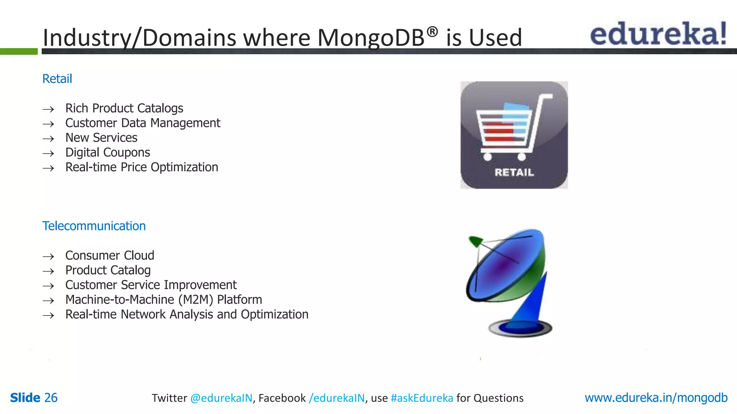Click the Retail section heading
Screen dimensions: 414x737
coord(57,79)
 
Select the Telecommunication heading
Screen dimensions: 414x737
coord(94,226)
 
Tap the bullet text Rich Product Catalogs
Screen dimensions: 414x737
coord(124,108)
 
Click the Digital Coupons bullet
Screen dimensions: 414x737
coord(108,152)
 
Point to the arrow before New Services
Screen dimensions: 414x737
coord(48,139)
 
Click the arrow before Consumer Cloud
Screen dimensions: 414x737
coord(48,257)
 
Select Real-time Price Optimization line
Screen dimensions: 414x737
coord(141,167)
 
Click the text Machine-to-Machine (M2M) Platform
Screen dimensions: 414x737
coord(163,299)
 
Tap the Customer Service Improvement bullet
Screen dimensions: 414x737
coord(151,285)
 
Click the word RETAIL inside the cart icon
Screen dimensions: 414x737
coord(514,172)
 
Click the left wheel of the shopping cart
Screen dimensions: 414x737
coord(487,157)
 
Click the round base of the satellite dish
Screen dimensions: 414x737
coord(520,328)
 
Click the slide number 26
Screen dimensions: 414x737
coord(51,398)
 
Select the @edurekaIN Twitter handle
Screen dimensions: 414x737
coord(221,398)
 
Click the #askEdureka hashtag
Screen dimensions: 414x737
coord(422,398)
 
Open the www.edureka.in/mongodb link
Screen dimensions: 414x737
coord(656,398)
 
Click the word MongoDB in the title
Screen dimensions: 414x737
coord(371,38)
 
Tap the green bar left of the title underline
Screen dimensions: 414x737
coord(19,51)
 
